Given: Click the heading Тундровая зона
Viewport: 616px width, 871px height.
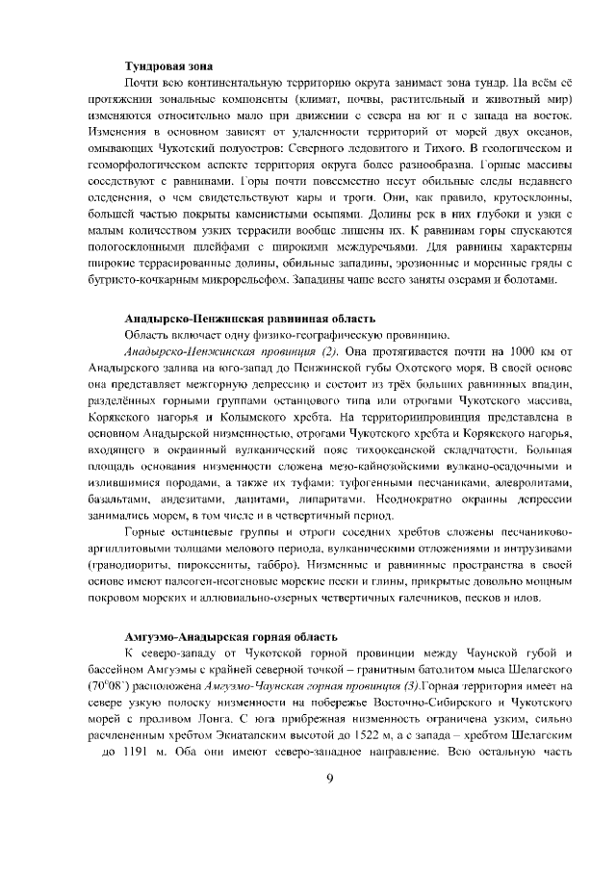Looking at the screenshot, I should tap(167, 65).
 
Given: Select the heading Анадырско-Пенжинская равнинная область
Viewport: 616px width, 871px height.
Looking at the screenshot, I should tap(250, 319).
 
